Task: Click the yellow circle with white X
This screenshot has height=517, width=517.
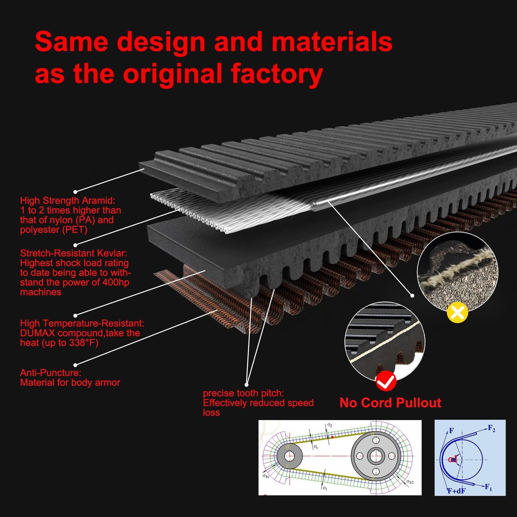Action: point(457,312)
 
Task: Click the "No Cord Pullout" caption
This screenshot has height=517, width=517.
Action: point(390,403)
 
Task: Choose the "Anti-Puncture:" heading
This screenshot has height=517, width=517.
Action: point(50,373)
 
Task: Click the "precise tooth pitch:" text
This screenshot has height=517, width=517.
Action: point(243,393)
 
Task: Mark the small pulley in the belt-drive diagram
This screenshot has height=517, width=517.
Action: point(289,456)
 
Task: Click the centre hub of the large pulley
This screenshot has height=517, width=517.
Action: point(375,456)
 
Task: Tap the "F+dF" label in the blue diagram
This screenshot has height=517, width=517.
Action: point(456,491)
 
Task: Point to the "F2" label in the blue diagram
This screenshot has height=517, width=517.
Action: point(491,428)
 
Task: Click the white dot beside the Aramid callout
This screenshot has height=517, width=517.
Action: point(76,192)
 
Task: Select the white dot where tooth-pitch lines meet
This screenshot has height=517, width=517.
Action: point(247,385)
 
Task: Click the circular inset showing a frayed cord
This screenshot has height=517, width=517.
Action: point(457,271)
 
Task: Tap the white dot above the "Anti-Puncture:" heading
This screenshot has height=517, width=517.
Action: point(76,365)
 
